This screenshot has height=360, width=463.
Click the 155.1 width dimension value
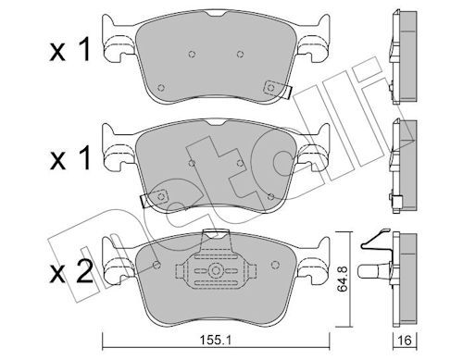[x=216, y=341]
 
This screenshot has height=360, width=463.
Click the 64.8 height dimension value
[x=343, y=279]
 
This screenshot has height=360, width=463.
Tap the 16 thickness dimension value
[x=405, y=341]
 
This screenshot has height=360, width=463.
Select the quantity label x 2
[x=71, y=271]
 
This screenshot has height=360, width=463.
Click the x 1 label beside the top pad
[x=69, y=49]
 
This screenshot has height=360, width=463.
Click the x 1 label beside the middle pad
[x=69, y=158]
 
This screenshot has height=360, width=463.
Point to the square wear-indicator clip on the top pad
[x=271, y=88]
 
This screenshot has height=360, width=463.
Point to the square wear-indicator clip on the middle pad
[x=160, y=196]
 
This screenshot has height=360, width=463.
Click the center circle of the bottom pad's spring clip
[x=215, y=271]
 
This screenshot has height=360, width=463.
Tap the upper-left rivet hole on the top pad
[x=192, y=55]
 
